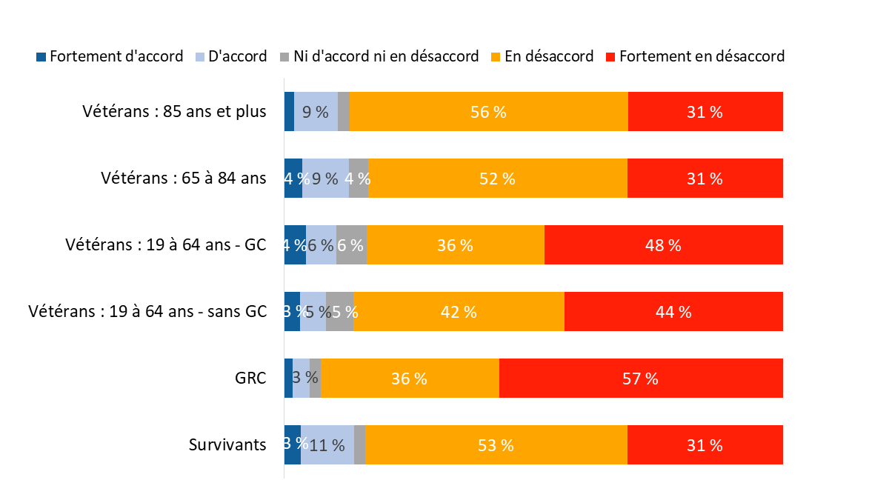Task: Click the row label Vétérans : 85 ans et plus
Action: coord(174,112)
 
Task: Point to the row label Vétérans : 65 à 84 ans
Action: coord(183,179)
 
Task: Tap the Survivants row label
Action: coord(227,445)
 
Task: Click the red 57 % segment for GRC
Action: coord(641,379)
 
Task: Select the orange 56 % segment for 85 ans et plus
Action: coord(488,112)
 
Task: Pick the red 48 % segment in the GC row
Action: coord(663,245)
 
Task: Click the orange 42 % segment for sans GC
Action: coord(459,312)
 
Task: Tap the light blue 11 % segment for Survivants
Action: coord(327,445)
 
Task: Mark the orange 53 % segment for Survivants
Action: coord(496,445)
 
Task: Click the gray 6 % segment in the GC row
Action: coord(351,245)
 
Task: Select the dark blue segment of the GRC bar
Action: coord(288,379)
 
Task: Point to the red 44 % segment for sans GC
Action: coord(673,312)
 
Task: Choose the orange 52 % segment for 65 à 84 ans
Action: coord(497,179)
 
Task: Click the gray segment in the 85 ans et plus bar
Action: coord(343,112)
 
